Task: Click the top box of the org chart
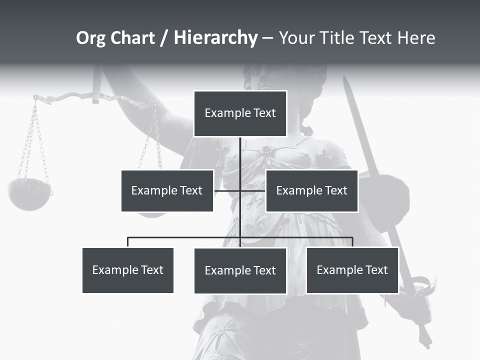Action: click(x=240, y=113)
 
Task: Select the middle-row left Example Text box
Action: click(x=167, y=190)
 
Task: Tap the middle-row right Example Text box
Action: click(x=311, y=190)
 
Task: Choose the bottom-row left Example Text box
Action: click(x=128, y=270)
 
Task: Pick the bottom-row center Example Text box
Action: click(x=240, y=270)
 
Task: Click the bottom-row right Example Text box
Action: click(x=352, y=270)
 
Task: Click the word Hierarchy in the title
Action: click(x=215, y=37)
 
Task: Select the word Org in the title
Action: click(x=91, y=37)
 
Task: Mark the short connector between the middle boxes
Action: click(x=240, y=190)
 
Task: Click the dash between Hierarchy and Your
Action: click(x=267, y=38)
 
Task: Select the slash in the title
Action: click(x=164, y=38)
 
